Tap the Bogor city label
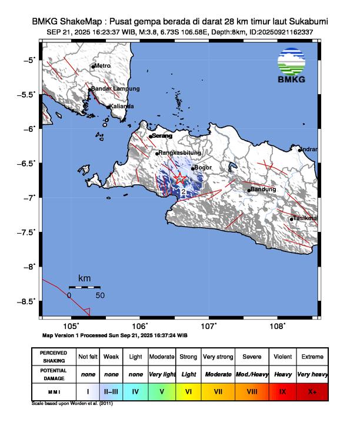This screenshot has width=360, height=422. pos(203,168)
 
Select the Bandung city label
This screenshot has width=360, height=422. pos(262,190)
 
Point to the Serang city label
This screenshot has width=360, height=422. pos(162,136)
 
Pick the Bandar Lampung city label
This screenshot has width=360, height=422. pos(116,89)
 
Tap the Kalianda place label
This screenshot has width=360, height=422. pos(122,106)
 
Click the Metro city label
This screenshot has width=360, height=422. pos(103,66)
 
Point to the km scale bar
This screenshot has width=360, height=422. pos(85,287)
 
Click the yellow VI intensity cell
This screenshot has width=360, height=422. pos(188,390)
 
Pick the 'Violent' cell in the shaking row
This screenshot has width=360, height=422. pos(282,357)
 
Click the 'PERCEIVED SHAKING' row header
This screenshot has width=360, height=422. pos(54,357)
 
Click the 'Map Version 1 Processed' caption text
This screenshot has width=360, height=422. pos(115,335)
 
